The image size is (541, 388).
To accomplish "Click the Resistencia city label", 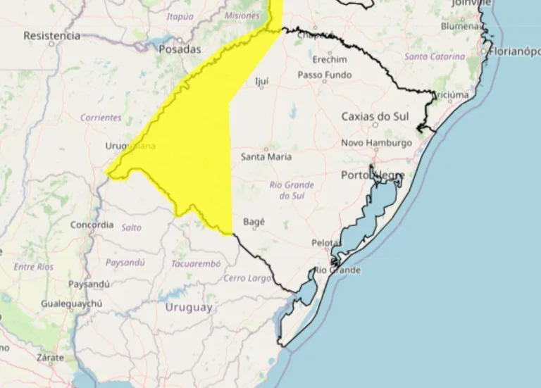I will pos(51,35).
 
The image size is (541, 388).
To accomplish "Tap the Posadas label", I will pos(180,49).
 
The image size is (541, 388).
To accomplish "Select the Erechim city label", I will pos(330,59).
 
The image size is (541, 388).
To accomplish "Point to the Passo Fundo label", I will pos(324,75).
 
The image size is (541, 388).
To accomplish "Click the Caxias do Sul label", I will pos(375,116).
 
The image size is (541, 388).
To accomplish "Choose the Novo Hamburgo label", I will pos(376,143).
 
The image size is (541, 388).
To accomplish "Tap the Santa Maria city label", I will pos(266,156).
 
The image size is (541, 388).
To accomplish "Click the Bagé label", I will pos(254,221).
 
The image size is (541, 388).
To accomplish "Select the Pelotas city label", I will pos(326,243).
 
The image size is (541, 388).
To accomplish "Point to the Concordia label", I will pos(92,225).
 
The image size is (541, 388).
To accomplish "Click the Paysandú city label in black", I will pos(89,284).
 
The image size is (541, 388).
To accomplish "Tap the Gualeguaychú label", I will pos(72,303).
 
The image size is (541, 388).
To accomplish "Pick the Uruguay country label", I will pos(188,308).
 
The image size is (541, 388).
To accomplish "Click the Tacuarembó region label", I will pos(196,263).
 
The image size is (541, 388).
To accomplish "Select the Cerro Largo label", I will pos(247,278).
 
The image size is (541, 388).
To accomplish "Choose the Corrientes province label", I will pos(101,118).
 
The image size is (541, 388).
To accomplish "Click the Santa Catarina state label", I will pos(435,56).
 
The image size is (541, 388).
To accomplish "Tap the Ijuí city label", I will pos(261,81).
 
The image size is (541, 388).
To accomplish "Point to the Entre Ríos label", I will pos(33,267).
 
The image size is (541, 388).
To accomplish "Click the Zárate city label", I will pos(51,358).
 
